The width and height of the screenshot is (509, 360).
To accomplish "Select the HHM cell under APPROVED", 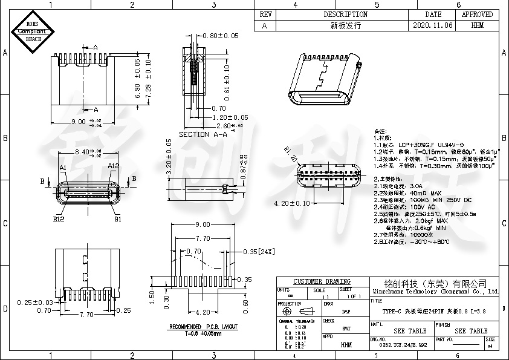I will point(477,26).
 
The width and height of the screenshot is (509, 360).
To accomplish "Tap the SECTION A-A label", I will point(204,134).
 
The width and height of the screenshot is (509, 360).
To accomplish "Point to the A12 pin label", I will point(112,166).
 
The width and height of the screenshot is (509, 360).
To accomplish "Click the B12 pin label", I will point(58,219).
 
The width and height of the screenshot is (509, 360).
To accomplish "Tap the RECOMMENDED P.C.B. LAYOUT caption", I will point(203,327).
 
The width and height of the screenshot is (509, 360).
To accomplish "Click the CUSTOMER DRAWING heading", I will point(322,281).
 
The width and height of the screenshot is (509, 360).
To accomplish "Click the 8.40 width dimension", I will point(84,152).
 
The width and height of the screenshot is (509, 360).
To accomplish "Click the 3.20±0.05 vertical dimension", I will point(169,157).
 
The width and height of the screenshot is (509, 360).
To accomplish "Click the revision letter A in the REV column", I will point(264,26).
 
